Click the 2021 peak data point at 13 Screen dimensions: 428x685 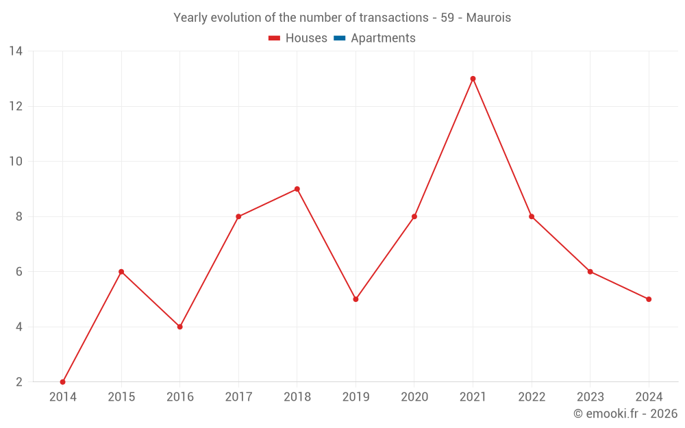(473, 79)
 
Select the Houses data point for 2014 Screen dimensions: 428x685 (63, 381)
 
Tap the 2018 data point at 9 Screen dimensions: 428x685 (297, 189)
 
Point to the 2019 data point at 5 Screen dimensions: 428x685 (356, 299)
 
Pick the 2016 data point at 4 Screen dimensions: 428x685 (180, 327)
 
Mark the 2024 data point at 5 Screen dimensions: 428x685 (649, 299)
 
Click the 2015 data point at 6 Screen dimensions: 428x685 (121, 272)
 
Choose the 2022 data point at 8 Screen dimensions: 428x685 (532, 216)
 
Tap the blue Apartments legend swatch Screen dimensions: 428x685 (339, 38)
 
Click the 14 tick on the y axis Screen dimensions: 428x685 (16, 51)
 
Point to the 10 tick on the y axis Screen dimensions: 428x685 (16, 162)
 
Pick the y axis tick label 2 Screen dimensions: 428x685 (19, 382)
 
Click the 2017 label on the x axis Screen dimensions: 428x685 (238, 397)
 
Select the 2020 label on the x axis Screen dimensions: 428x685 (414, 397)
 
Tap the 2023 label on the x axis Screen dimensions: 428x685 (590, 397)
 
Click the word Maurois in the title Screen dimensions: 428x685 (488, 18)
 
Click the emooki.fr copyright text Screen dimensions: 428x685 (625, 414)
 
